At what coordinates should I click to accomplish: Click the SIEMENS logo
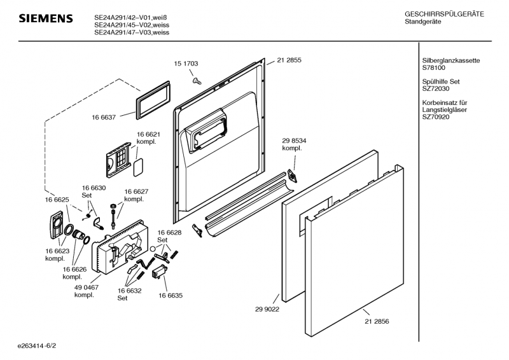pos(45,19)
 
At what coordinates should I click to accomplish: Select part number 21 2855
pos(289,60)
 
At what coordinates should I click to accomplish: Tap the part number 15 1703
pos(186,64)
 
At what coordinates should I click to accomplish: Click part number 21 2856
pos(377,321)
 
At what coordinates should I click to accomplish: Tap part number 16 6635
pos(171,295)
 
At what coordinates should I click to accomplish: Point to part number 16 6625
pos(57,200)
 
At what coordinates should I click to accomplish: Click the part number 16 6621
pos(148,134)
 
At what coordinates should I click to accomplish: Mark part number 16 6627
pos(136,191)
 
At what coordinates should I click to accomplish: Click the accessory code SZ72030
pos(436,89)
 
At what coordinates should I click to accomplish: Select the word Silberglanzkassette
pos(450,60)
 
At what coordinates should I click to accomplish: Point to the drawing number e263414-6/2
pos(38,345)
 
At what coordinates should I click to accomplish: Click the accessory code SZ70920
pos(436,118)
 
